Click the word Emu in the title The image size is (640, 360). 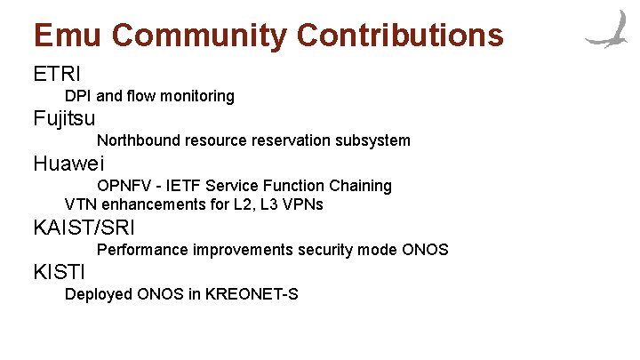click(68, 36)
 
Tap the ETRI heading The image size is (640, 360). click(57, 72)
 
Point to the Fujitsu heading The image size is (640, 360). click(64, 117)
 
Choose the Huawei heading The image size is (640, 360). click(68, 164)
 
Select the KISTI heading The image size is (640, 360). click(60, 272)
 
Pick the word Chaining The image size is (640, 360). click(360, 186)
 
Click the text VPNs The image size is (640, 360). click(303, 204)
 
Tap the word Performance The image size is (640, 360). click(140, 250)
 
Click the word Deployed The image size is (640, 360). click(98, 294)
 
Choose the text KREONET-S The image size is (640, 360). click(252, 294)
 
